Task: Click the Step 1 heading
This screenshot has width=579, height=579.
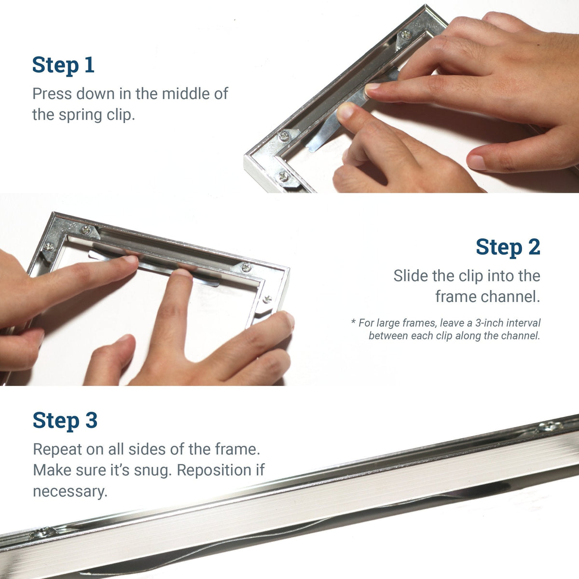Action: click(63, 65)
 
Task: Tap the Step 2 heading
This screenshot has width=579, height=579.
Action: click(508, 247)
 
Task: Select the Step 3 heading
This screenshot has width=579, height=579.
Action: click(65, 420)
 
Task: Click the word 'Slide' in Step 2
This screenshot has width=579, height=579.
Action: click(410, 276)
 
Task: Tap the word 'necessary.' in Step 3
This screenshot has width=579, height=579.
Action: click(70, 491)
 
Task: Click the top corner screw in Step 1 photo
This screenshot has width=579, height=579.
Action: click(406, 34)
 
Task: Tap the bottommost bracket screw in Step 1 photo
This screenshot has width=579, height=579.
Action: click(284, 177)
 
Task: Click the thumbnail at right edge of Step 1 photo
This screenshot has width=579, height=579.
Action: click(477, 162)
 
